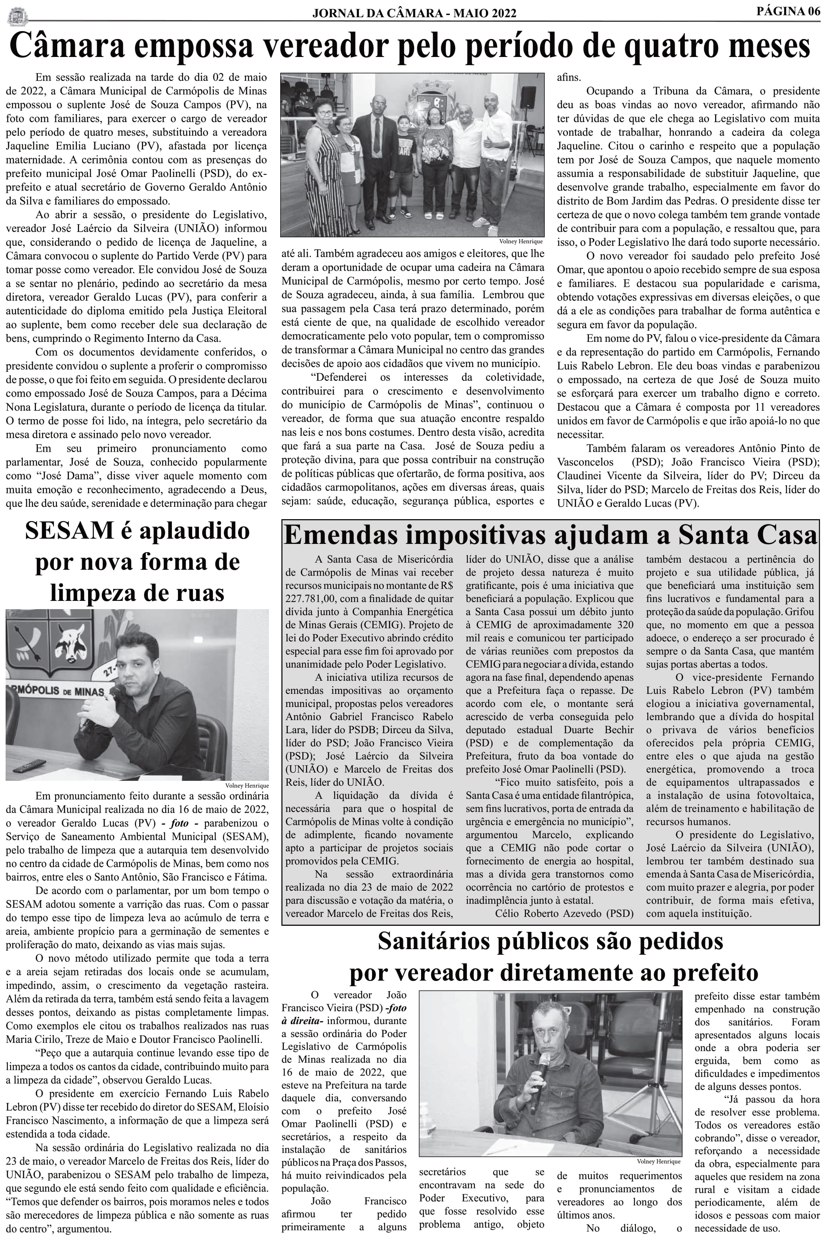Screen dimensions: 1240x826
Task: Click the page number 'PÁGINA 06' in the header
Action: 789,11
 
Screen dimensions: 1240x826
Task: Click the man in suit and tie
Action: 375,153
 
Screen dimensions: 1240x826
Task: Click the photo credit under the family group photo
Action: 521,241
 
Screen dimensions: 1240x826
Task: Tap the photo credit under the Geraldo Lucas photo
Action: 246,785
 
